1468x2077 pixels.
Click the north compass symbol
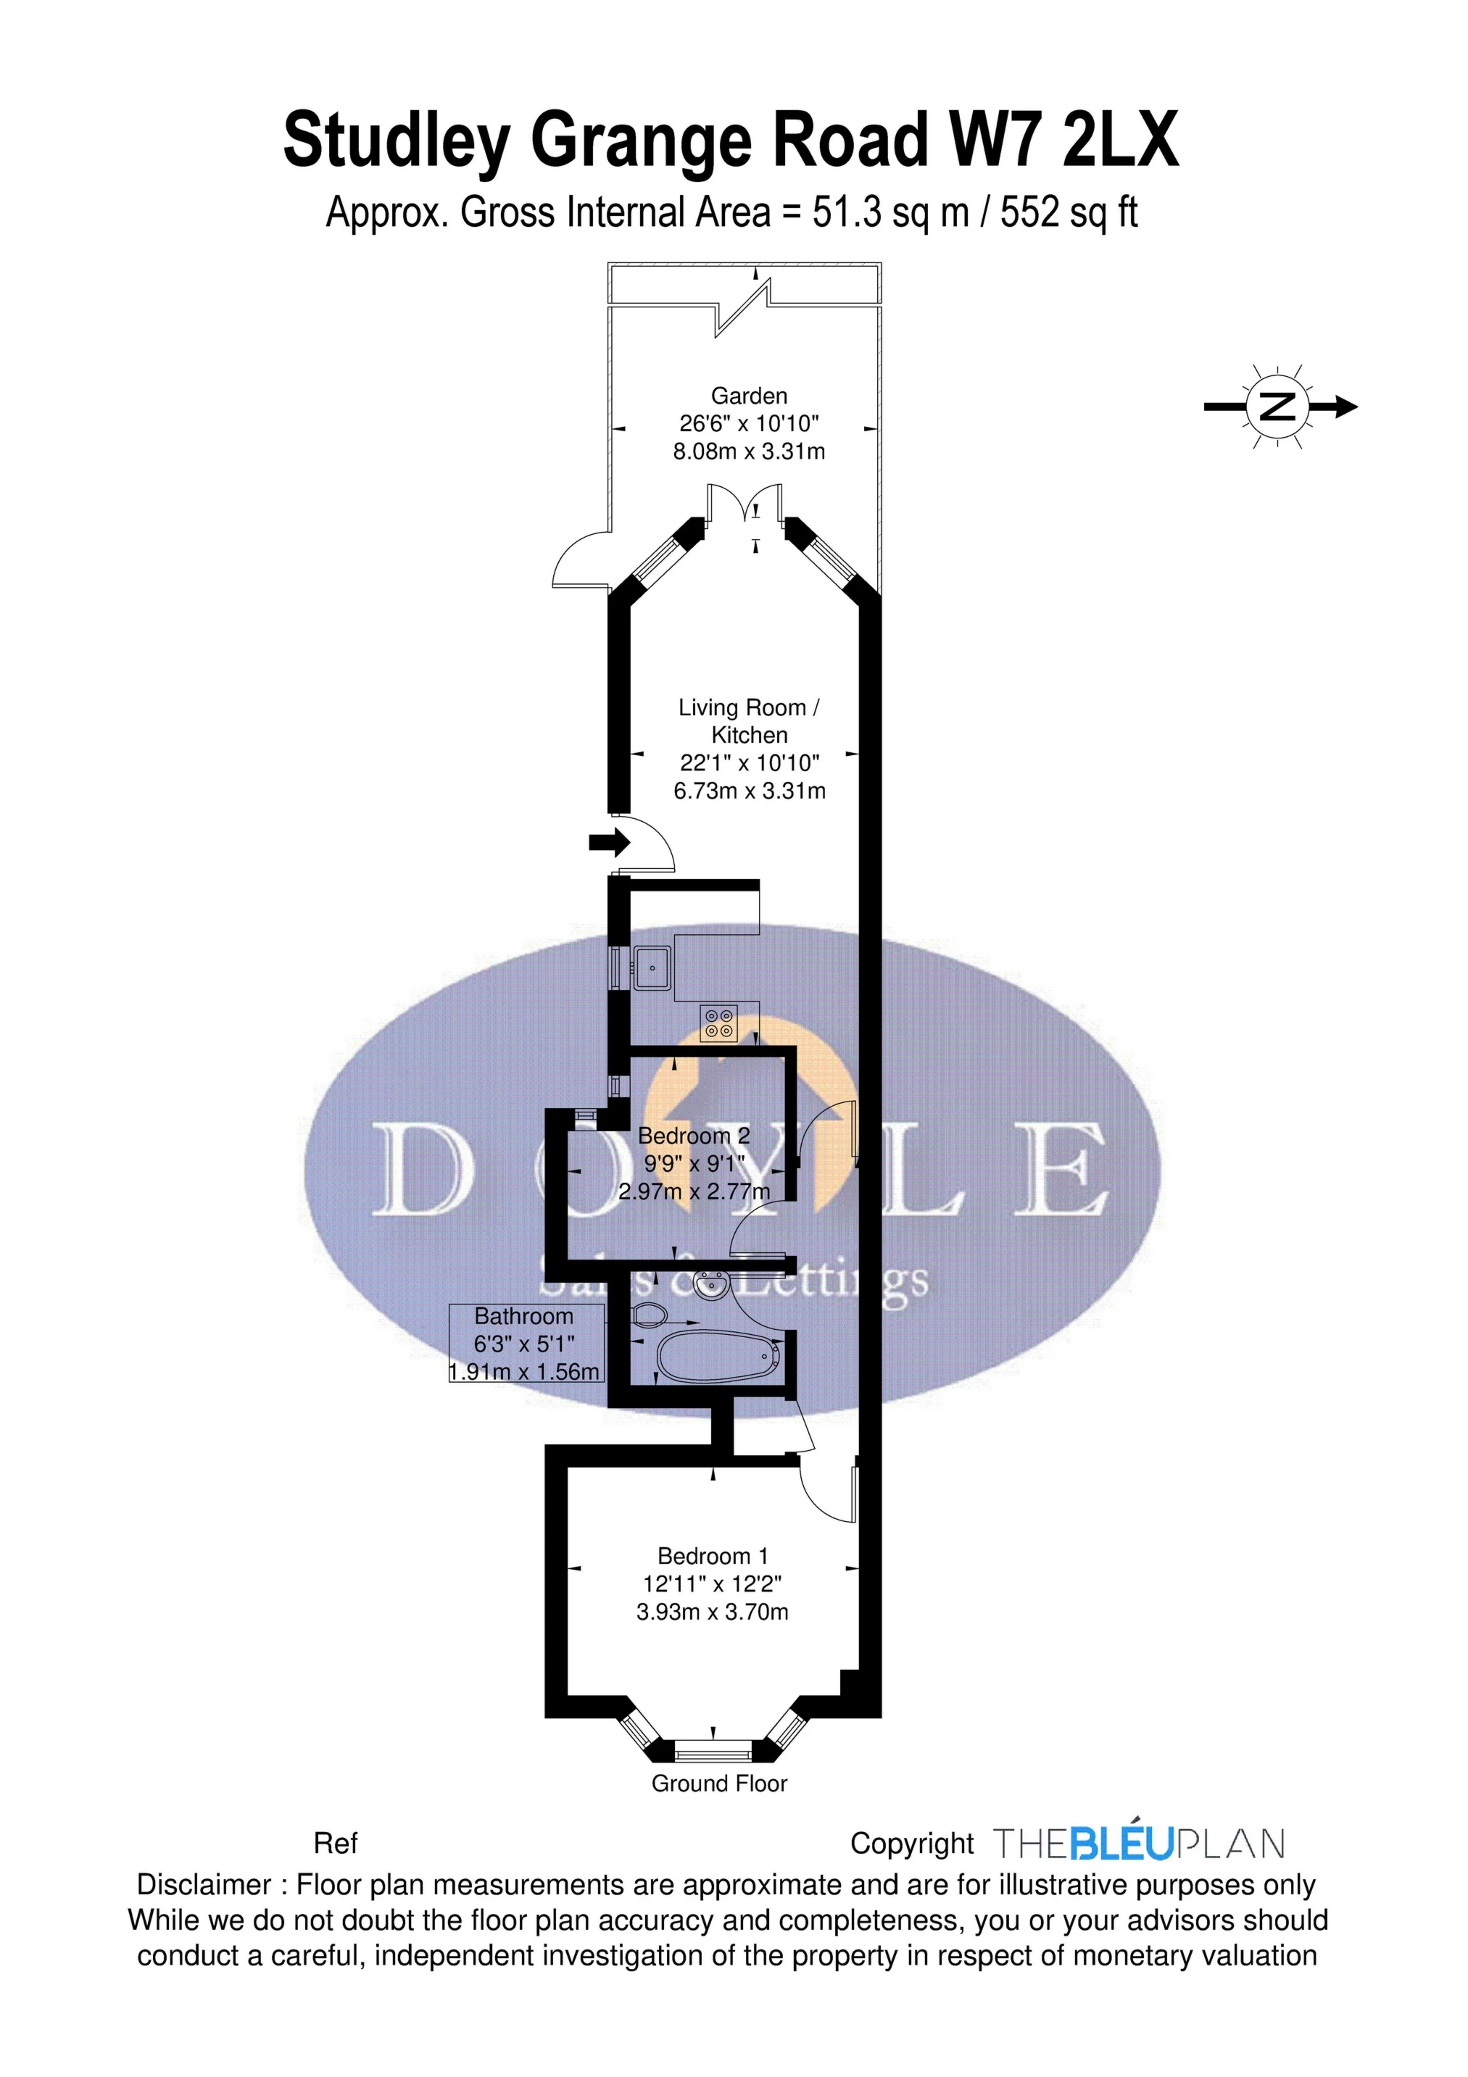coord(1280,407)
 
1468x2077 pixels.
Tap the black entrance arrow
coord(609,842)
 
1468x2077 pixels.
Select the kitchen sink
coord(652,967)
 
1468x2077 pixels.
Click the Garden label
coord(748,395)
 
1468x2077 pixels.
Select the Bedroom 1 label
coord(713,1556)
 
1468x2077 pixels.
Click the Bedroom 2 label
coord(694,1136)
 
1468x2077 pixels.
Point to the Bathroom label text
coord(524,1316)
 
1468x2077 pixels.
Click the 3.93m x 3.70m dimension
coord(713,1611)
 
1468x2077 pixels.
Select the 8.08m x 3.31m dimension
coord(748,451)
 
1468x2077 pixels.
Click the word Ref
coord(336,1843)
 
